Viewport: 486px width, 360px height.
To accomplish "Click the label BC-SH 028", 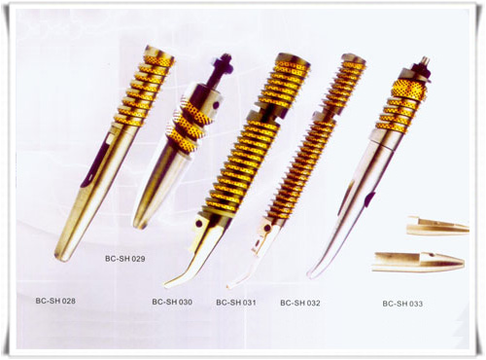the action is pos(55,301).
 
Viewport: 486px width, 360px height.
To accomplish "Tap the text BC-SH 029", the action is pos(125,259).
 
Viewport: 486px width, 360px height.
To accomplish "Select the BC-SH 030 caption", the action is pos(172,302).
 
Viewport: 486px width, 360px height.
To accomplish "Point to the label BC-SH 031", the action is pos(236,303).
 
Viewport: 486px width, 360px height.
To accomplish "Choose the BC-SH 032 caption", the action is pos(300,303).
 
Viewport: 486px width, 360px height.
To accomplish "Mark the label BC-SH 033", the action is pos(402,304).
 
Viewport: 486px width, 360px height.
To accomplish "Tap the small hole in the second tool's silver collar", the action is pos(215,105).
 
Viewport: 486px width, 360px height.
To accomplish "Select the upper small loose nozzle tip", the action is pos(438,226).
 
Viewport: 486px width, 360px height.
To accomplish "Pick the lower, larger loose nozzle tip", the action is pos(419,262).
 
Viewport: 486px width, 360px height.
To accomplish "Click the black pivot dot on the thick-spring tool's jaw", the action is pos(200,224).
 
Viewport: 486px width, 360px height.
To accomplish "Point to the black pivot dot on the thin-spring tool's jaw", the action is pos(267,228).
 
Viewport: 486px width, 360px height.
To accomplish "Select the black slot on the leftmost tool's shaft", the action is pos(94,162).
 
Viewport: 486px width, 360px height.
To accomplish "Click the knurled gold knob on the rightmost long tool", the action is pos(410,88).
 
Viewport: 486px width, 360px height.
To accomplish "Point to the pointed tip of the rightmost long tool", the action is pos(310,275).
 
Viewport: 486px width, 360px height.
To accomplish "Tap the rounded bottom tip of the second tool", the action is pos(140,225).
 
